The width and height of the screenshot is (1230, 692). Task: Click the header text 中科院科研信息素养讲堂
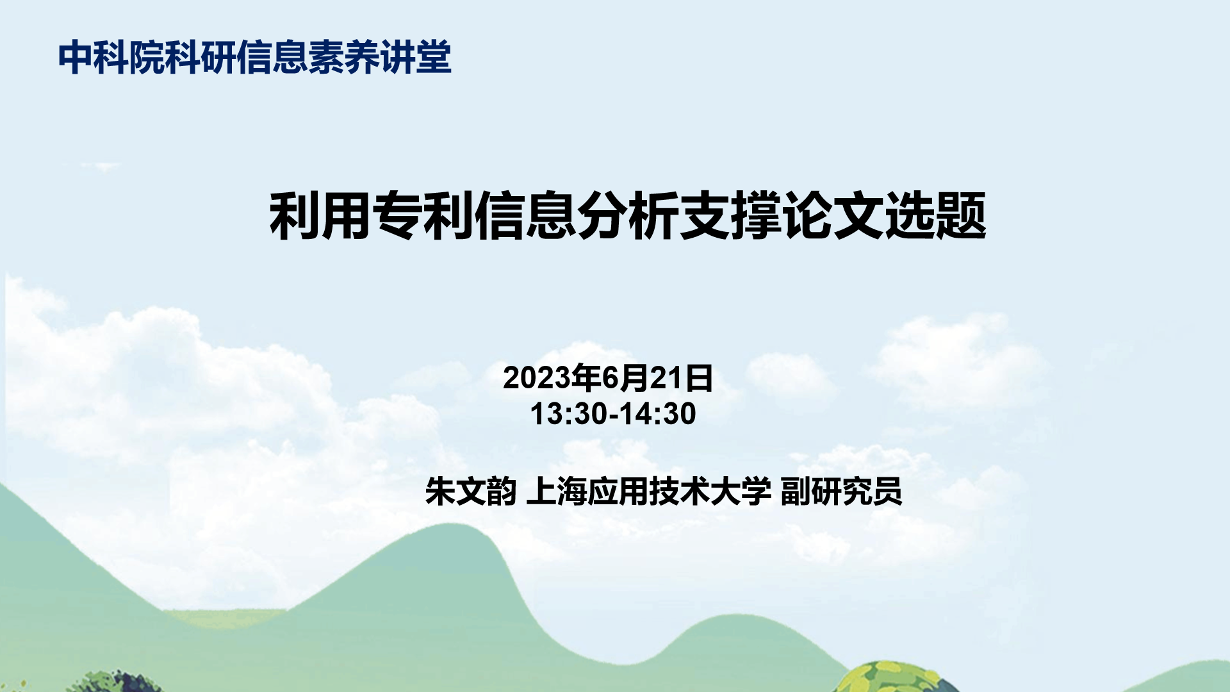tap(255, 58)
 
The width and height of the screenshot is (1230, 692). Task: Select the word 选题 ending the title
tap(935, 216)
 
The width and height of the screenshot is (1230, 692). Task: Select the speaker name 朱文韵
tap(471, 491)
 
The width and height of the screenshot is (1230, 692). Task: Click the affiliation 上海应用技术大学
tap(648, 491)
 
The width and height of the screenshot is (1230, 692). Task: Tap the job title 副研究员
tap(841, 491)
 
